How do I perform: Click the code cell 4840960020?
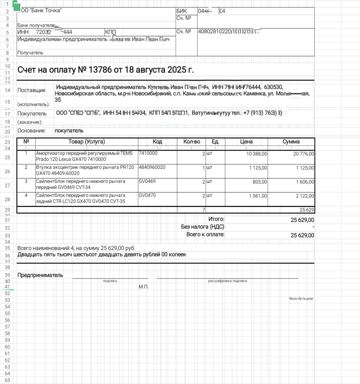click(152, 167)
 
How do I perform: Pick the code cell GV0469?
click(147, 181)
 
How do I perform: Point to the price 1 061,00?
click(258, 196)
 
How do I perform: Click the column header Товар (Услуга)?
click(87, 142)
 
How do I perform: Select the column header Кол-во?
click(192, 142)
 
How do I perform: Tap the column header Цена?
click(246, 142)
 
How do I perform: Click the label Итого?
click(216, 219)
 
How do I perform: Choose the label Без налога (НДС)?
click(202, 227)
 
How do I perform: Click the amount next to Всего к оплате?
click(302, 235)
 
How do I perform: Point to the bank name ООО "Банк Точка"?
click(40, 11)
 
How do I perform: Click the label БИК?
click(181, 11)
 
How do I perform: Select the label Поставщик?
click(31, 90)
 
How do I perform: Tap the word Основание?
click(31, 131)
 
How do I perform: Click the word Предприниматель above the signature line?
click(40, 275)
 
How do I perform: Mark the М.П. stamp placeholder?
click(144, 287)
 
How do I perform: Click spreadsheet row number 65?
click(7, 381)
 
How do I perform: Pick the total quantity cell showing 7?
click(204, 209)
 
